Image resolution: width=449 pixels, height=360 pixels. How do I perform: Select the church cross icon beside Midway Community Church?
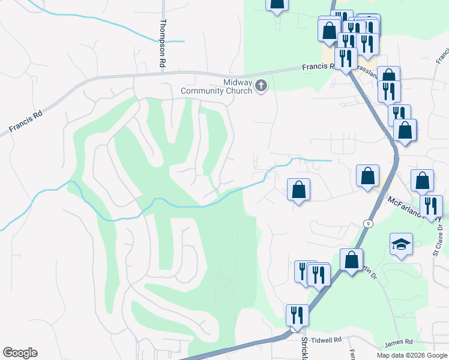(x=261, y=86)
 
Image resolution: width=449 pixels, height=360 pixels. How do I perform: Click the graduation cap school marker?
(x=401, y=245)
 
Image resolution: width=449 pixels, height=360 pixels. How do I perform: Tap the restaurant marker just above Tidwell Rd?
(x=297, y=314)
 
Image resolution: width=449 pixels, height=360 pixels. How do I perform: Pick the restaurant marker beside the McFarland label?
(x=430, y=206)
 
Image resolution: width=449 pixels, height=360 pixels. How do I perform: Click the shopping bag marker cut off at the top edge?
(x=277, y=5)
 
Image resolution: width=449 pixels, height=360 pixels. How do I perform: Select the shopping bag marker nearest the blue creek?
(x=298, y=190)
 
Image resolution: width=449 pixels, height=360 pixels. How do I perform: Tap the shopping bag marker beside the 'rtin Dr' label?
(x=351, y=260)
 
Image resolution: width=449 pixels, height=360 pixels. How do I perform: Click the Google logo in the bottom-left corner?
(x=20, y=353)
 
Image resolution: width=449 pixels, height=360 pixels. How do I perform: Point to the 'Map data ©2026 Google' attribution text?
(x=411, y=355)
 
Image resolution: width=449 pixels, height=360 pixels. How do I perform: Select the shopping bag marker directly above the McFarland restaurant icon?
(x=422, y=180)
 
